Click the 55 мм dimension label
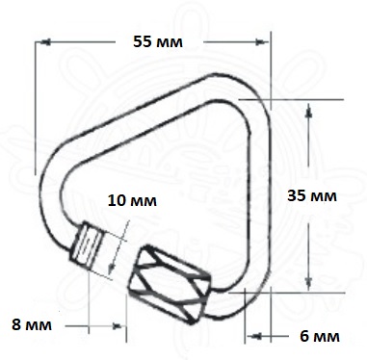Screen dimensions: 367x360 158,41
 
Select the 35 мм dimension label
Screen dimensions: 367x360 312,195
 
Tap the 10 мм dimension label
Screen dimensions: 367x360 132,200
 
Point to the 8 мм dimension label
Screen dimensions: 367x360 32,324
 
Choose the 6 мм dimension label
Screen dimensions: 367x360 320,336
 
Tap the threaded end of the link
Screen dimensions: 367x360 88,245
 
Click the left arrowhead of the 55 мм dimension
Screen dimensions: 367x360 45,42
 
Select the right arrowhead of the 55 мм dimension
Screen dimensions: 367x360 261,42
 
